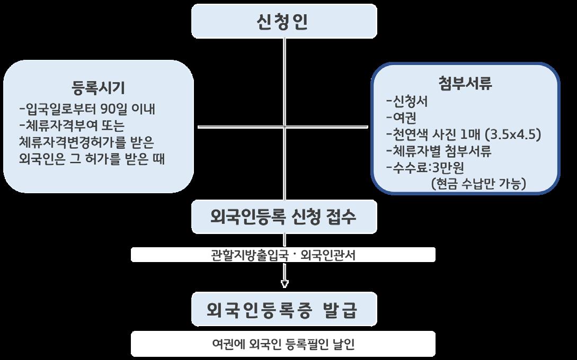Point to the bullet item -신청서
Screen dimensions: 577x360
(407, 101)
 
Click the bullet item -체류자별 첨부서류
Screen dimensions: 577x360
(439, 151)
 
